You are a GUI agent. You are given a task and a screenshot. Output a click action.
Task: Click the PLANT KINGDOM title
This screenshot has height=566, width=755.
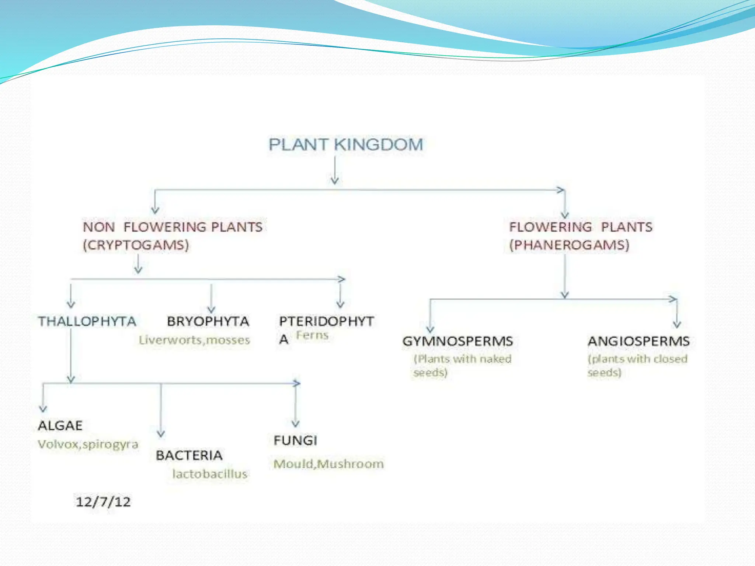point(345,144)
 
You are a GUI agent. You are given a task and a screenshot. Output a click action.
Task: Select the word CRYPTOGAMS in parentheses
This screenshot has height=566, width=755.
point(136,245)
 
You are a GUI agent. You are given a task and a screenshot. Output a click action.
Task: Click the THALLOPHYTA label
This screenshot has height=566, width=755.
point(87,321)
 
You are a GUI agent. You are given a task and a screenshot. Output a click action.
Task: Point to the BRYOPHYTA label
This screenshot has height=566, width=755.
point(208,321)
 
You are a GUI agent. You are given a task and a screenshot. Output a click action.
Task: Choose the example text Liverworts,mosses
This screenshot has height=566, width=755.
point(194,340)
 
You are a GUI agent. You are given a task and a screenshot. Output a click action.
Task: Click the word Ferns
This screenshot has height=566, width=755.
point(312,335)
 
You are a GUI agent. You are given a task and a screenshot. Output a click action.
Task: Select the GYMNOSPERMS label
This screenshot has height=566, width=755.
point(457,341)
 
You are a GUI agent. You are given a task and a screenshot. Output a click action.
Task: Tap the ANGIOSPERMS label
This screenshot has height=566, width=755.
point(639,341)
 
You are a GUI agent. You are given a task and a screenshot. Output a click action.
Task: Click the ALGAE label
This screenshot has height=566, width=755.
point(60,426)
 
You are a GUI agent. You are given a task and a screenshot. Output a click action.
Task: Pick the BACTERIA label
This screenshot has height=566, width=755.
point(189,455)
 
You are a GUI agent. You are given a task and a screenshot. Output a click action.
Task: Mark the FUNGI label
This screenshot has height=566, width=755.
point(295,440)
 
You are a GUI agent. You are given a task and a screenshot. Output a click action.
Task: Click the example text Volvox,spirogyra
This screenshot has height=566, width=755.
point(88,444)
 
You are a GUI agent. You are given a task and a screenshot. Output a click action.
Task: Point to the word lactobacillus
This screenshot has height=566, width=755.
point(210,474)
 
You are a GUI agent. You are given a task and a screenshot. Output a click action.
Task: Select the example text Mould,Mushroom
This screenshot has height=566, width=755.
point(328,464)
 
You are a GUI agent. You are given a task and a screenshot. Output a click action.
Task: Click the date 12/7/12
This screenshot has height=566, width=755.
point(103,502)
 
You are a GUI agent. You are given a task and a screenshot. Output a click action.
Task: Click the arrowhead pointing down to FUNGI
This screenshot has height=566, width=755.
point(295,424)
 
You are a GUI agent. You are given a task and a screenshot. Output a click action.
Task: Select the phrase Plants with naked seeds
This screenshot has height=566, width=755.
point(462,365)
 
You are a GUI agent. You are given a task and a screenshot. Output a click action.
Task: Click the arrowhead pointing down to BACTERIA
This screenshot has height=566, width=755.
point(161,434)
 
